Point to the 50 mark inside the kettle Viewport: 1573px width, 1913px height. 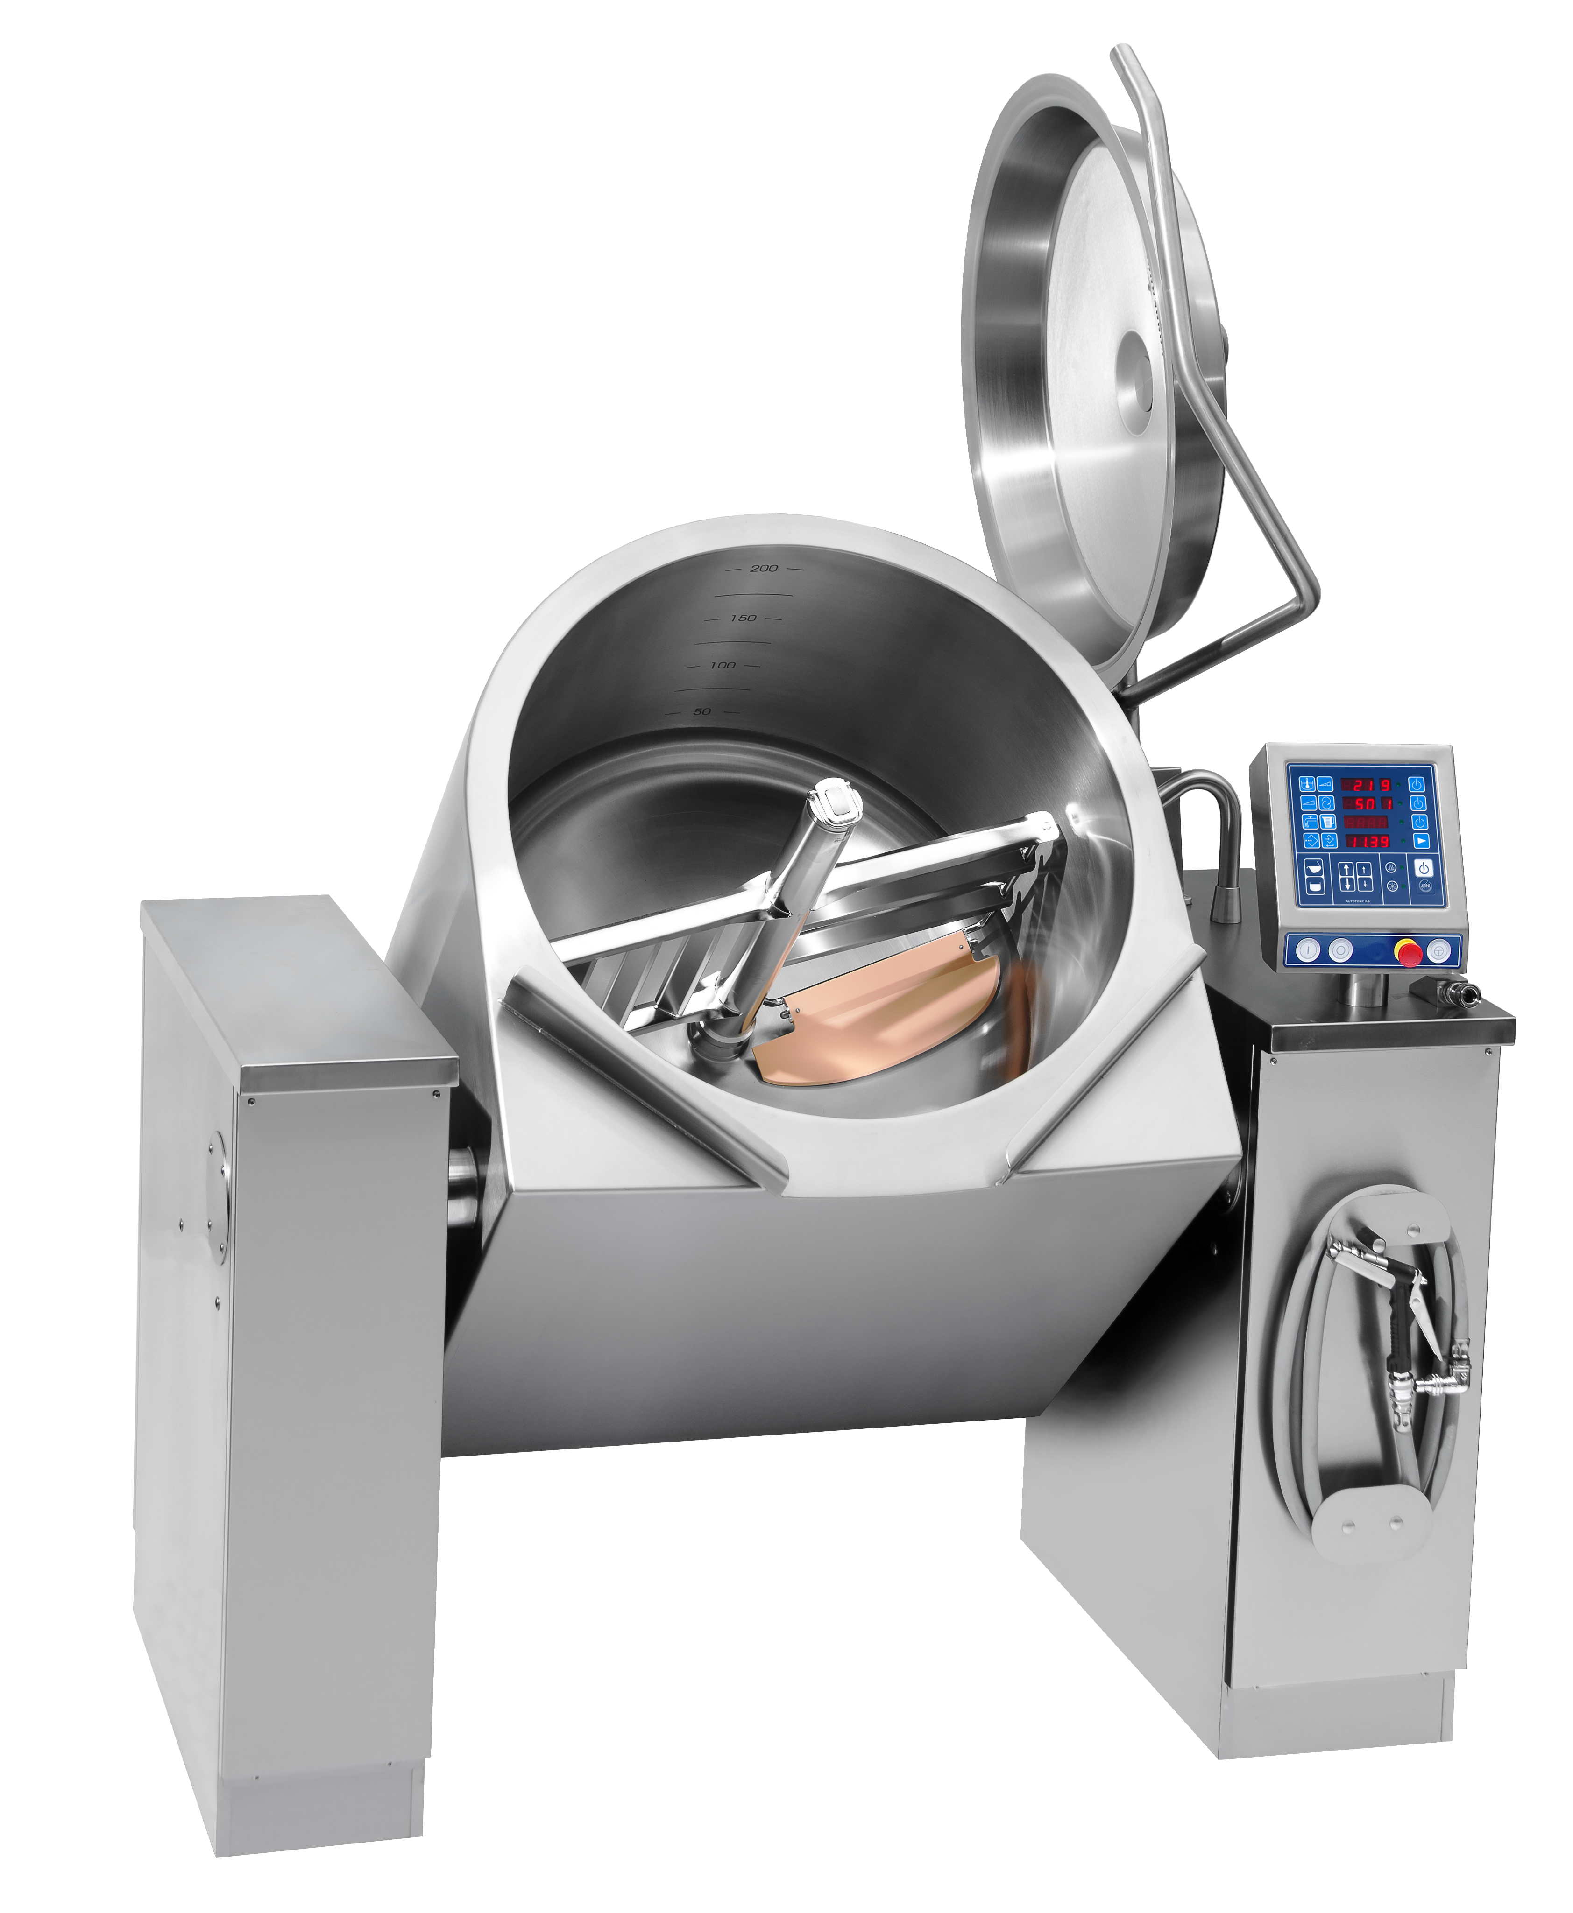pyautogui.click(x=702, y=712)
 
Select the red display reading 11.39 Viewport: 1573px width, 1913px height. pyautogui.click(x=1368, y=842)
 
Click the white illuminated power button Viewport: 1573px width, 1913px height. pyautogui.click(x=1424, y=868)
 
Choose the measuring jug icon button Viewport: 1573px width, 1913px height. pyautogui.click(x=1328, y=822)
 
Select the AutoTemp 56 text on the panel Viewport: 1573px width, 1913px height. pyautogui.click(x=1357, y=901)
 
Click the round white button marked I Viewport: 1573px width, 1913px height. pyautogui.click(x=1308, y=950)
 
